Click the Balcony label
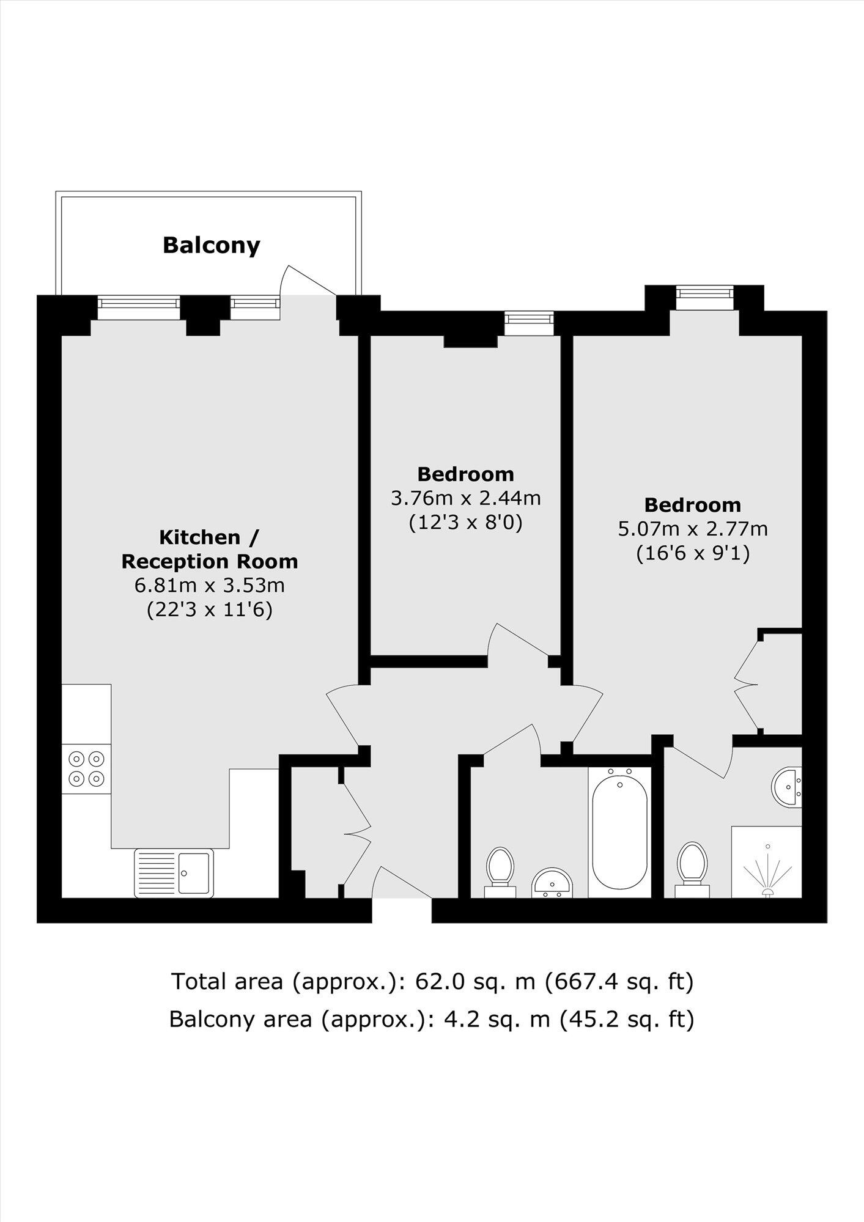coord(212,245)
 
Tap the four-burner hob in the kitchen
coord(86,769)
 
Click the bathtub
coord(619,828)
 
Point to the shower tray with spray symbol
coord(766,863)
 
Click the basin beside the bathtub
coord(552,882)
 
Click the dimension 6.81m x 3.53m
coord(210,585)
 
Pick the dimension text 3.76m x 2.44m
coord(466,498)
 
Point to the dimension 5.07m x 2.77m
coord(693,529)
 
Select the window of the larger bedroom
coord(704,293)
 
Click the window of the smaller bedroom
coord(529,318)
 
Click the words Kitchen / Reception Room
coord(210,549)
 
